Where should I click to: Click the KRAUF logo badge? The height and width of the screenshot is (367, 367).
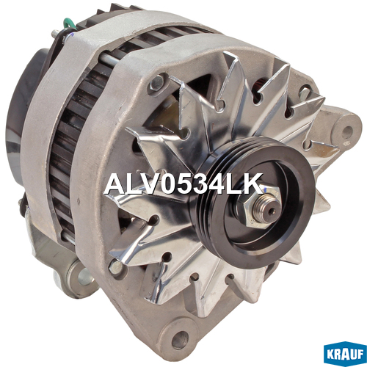click(345, 354)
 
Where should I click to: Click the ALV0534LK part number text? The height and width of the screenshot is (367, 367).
click(183, 184)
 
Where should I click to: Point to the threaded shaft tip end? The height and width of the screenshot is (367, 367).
click(270, 211)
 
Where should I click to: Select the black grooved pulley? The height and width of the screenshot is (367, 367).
click(252, 203)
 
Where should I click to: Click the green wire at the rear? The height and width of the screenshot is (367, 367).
click(69, 24)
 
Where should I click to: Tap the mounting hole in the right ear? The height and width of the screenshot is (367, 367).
click(347, 130)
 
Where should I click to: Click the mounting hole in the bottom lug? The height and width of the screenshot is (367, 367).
click(181, 340)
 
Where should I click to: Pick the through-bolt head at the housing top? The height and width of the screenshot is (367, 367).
click(157, 82)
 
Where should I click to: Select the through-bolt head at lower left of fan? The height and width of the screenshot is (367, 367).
click(116, 266)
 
